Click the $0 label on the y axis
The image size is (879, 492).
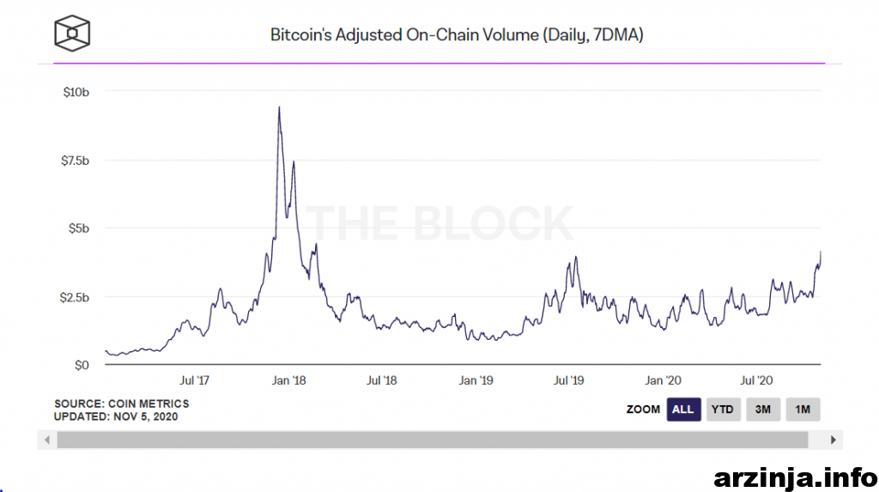coord(82,365)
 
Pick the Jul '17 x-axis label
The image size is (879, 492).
coord(196,380)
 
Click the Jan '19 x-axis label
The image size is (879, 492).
coord(476,380)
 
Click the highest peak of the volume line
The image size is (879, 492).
coord(279,107)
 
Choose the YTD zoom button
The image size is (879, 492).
coord(722,410)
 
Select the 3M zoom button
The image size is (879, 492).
coord(762,410)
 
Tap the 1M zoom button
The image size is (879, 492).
coord(803,410)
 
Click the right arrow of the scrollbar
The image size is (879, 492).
coord(833,440)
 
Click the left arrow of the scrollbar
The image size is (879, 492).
coord(48,440)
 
